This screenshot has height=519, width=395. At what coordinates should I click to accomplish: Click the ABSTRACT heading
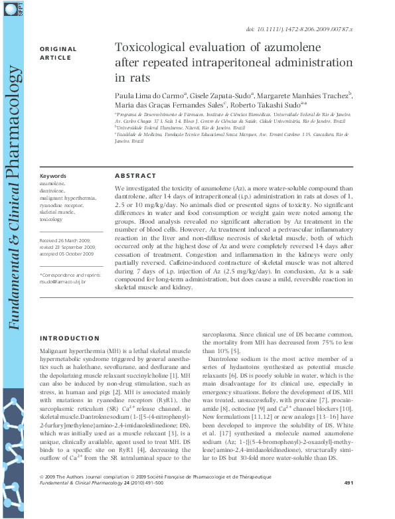(135, 176)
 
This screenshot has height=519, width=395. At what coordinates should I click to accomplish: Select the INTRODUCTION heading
(70, 338)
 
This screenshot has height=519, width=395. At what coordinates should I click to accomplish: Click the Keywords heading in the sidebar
(53, 176)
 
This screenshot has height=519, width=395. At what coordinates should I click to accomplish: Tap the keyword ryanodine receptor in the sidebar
(61, 206)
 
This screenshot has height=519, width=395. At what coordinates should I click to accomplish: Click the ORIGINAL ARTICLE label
(58, 53)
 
